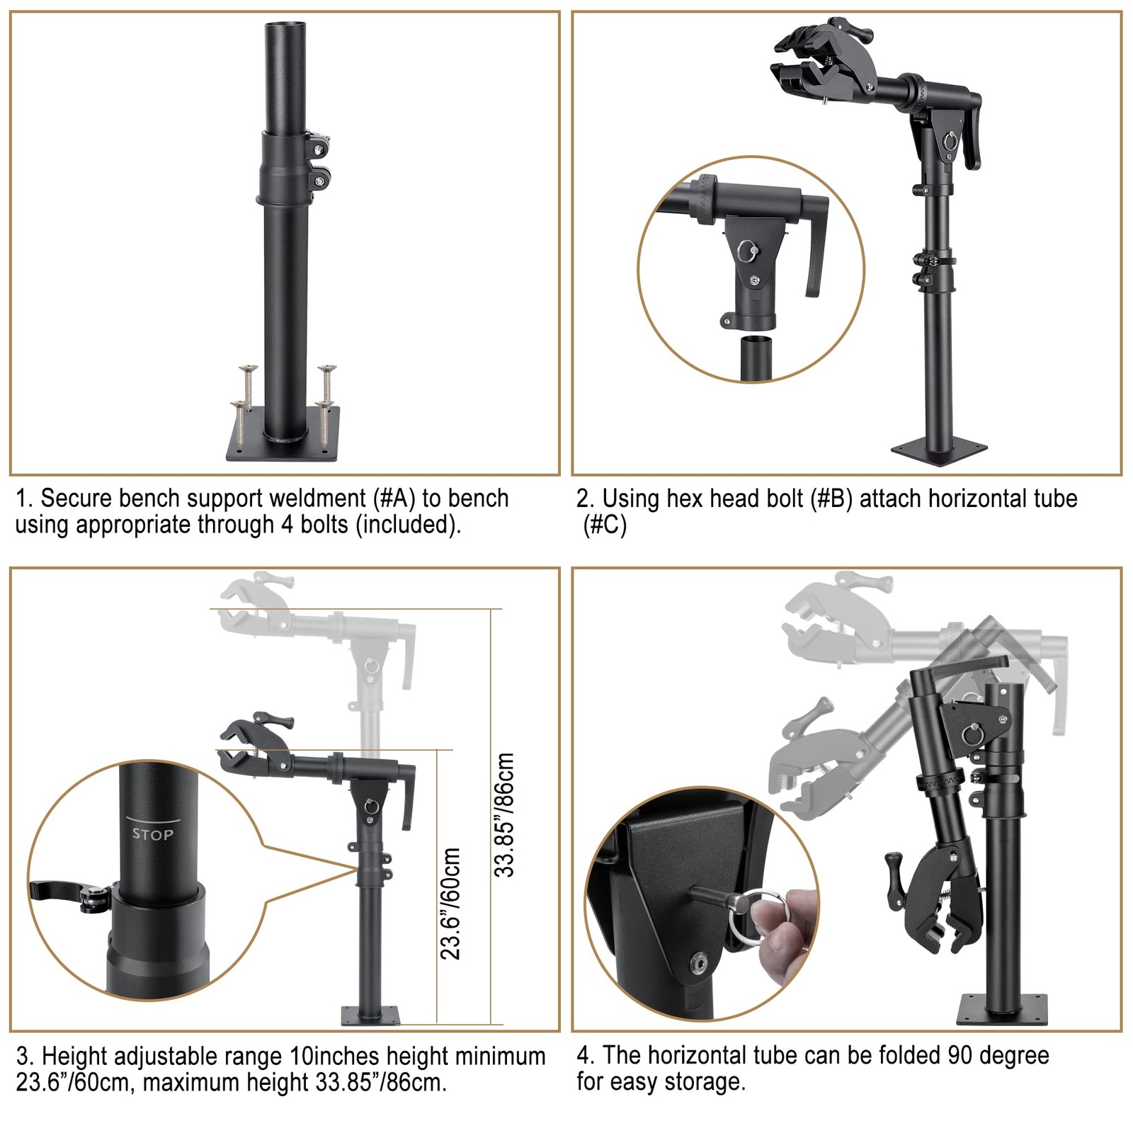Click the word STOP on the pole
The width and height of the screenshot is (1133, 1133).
tap(152, 834)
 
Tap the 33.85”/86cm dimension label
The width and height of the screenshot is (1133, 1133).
tap(503, 815)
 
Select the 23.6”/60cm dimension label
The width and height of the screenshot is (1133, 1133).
tap(450, 904)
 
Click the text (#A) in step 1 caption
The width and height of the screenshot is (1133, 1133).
tap(394, 498)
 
